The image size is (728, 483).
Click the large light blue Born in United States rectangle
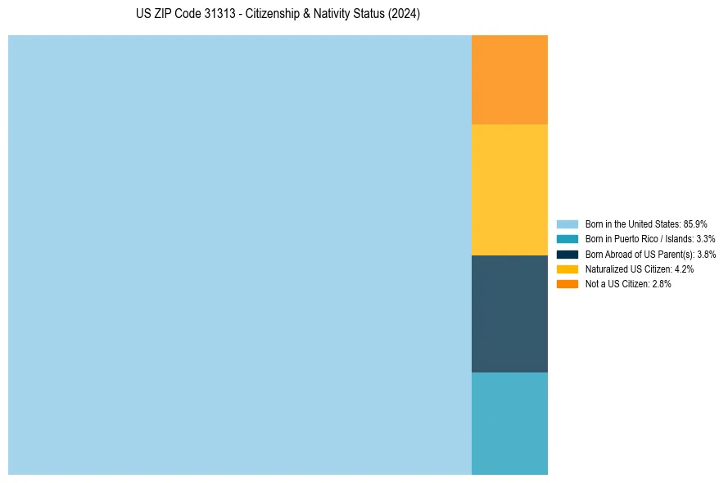point(239,255)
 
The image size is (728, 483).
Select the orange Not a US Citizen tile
point(509,79)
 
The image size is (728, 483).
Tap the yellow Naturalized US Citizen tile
point(509,190)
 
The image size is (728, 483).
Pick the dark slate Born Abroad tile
point(509,314)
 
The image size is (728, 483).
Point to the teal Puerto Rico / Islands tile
point(509,423)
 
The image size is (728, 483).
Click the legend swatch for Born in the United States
point(567,223)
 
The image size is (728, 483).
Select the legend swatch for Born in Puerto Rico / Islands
point(567,239)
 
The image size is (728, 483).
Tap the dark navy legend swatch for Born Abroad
point(567,254)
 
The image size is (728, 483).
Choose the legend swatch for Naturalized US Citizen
point(567,269)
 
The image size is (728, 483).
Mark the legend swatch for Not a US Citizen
point(567,283)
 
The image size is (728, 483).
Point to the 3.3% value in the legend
point(705,239)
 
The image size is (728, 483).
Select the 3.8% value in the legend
point(706,254)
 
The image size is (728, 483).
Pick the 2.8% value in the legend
point(662,283)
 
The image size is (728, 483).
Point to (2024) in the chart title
point(405,15)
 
